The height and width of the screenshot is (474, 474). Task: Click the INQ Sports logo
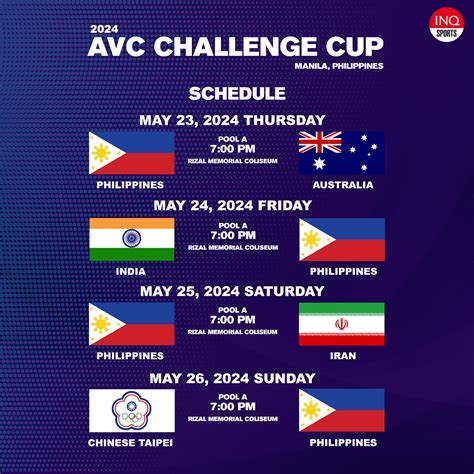click(447, 25)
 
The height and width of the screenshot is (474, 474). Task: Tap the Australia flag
click(342, 153)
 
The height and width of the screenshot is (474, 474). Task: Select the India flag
click(132, 239)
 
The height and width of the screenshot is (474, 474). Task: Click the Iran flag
click(342, 324)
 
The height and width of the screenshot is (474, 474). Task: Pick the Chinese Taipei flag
click(132, 411)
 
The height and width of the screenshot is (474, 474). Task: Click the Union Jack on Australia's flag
click(320, 142)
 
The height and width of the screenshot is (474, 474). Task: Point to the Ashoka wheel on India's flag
click(132, 238)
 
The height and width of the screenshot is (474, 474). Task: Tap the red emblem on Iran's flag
click(342, 324)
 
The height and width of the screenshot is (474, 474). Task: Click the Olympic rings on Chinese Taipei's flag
click(132, 417)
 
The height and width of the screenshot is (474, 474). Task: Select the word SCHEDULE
click(237, 94)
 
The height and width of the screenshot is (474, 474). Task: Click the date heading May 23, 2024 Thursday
click(232, 120)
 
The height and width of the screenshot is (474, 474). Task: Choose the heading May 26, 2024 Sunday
click(232, 378)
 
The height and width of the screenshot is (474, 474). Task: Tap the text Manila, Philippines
click(339, 66)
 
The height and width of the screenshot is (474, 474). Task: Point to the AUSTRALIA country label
click(343, 185)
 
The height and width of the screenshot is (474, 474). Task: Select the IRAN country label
click(343, 356)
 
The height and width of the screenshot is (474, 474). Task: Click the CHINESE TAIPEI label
click(130, 443)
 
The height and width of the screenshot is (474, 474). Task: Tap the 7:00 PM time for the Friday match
click(233, 235)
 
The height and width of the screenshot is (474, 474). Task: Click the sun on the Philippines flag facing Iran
click(101, 324)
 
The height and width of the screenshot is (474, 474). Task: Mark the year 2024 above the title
click(104, 29)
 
